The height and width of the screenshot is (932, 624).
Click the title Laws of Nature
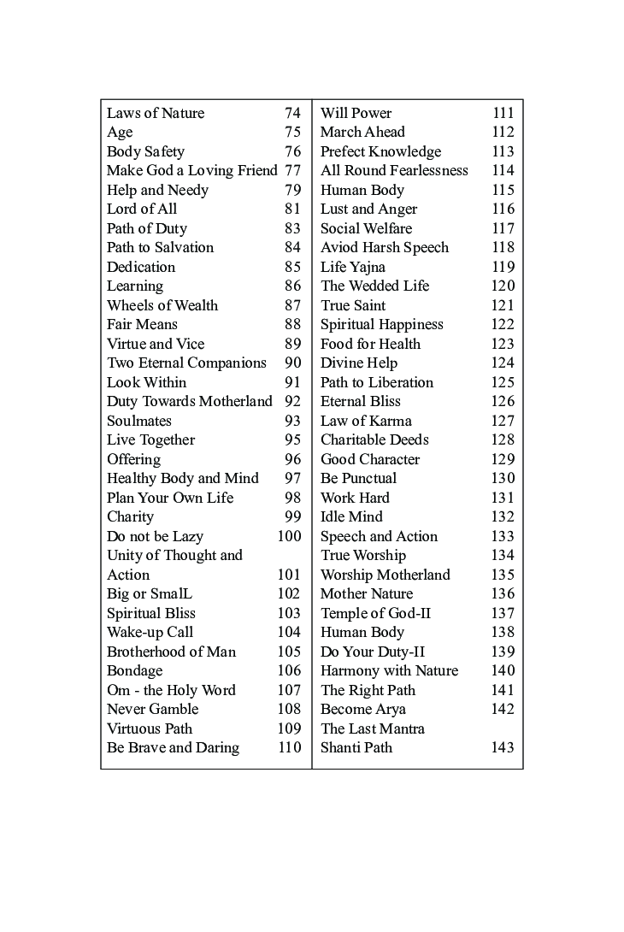click(x=156, y=113)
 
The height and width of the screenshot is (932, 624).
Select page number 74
click(x=292, y=113)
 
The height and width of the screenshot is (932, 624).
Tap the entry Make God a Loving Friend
click(x=191, y=170)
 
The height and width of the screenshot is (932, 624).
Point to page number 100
click(x=289, y=536)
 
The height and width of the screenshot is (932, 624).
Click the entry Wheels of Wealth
click(x=162, y=305)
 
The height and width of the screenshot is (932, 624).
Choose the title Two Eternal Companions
click(x=186, y=363)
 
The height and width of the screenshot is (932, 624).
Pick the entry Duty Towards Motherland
click(x=190, y=401)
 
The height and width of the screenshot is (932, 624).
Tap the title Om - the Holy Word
click(x=171, y=690)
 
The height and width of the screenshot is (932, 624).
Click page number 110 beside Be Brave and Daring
click(x=289, y=747)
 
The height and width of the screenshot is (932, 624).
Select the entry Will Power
click(x=356, y=113)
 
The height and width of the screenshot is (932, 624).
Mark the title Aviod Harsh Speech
click(x=384, y=247)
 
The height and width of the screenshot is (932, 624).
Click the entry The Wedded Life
click(x=374, y=286)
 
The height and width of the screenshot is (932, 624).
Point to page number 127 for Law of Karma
click(x=503, y=421)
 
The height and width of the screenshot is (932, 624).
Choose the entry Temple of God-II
click(x=375, y=613)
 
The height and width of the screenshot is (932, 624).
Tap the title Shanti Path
click(x=356, y=747)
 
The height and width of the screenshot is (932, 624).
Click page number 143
click(x=503, y=747)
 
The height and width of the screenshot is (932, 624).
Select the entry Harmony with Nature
click(x=389, y=670)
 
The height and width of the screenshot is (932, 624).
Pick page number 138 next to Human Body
click(x=503, y=632)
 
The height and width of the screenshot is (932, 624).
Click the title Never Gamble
click(x=152, y=709)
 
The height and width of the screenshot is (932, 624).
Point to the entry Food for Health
click(x=370, y=344)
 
